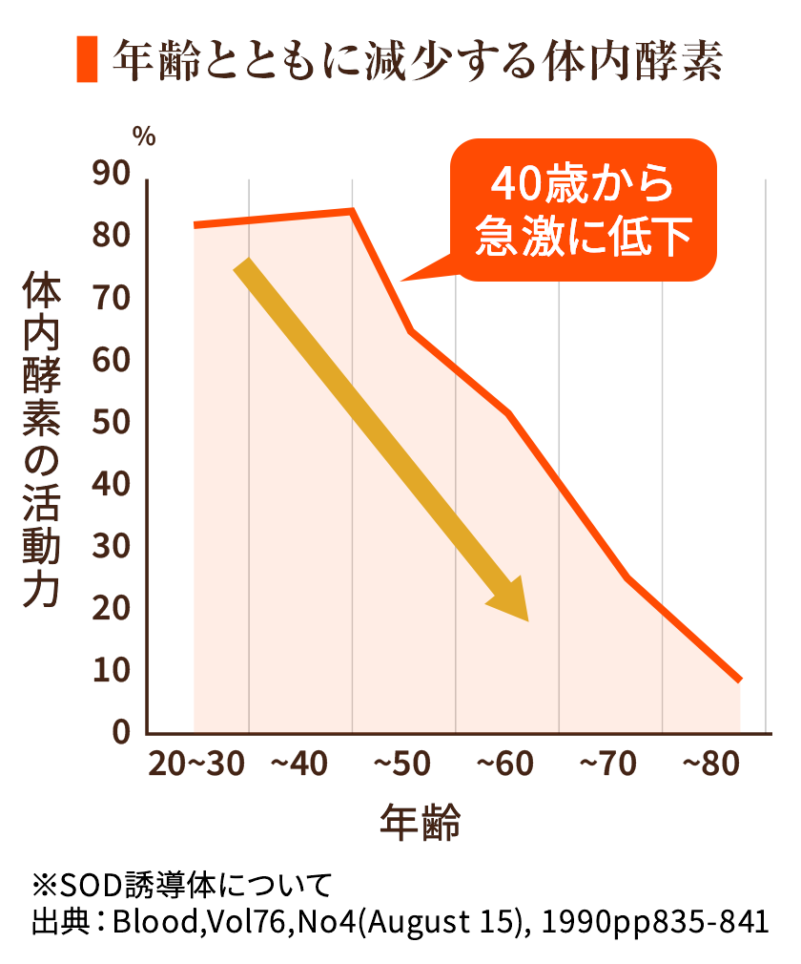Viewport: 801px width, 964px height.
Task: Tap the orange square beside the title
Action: [87, 60]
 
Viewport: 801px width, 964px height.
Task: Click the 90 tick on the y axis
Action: [112, 174]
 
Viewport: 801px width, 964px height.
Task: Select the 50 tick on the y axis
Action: [112, 423]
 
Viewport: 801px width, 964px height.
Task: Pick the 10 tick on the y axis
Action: [112, 671]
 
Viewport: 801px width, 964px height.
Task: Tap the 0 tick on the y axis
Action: [121, 733]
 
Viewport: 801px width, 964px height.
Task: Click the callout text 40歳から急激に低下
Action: [582, 212]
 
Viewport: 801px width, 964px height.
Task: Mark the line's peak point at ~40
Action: [352, 211]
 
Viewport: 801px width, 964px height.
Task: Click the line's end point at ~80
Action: [739, 680]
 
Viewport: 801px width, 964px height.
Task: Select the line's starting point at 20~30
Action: [195, 225]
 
